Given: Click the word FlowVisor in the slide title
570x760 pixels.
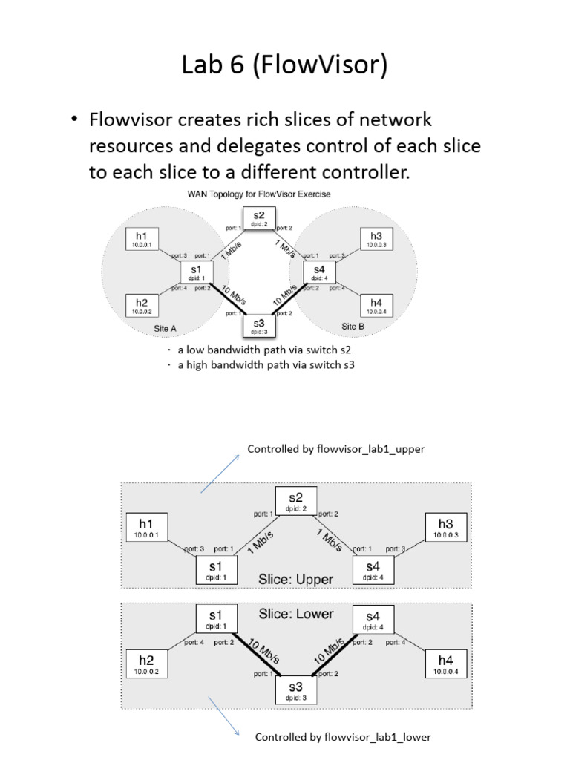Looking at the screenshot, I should (326, 66).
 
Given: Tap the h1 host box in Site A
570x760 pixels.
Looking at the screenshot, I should (141, 240).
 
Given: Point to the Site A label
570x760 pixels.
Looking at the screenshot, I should (160, 327).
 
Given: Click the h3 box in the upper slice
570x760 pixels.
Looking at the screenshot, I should (445, 528).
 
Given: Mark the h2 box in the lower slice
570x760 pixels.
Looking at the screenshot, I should (146, 663).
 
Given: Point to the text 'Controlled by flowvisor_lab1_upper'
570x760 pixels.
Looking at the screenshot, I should (335, 450).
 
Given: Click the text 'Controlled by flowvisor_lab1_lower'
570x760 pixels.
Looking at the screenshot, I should (343, 737).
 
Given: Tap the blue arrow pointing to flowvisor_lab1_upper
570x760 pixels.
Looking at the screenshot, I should (220, 473).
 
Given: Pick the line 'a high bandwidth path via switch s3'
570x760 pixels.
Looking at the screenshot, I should (261, 364).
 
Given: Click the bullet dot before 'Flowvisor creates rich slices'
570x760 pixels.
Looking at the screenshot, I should (76, 120).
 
